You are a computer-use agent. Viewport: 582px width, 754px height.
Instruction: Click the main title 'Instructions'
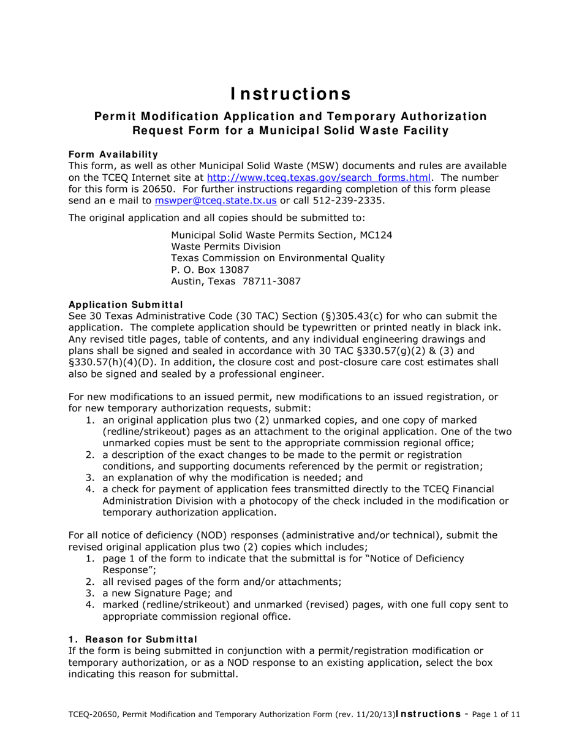[x=291, y=94]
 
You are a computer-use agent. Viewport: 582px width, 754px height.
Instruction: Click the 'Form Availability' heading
[x=113, y=154]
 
